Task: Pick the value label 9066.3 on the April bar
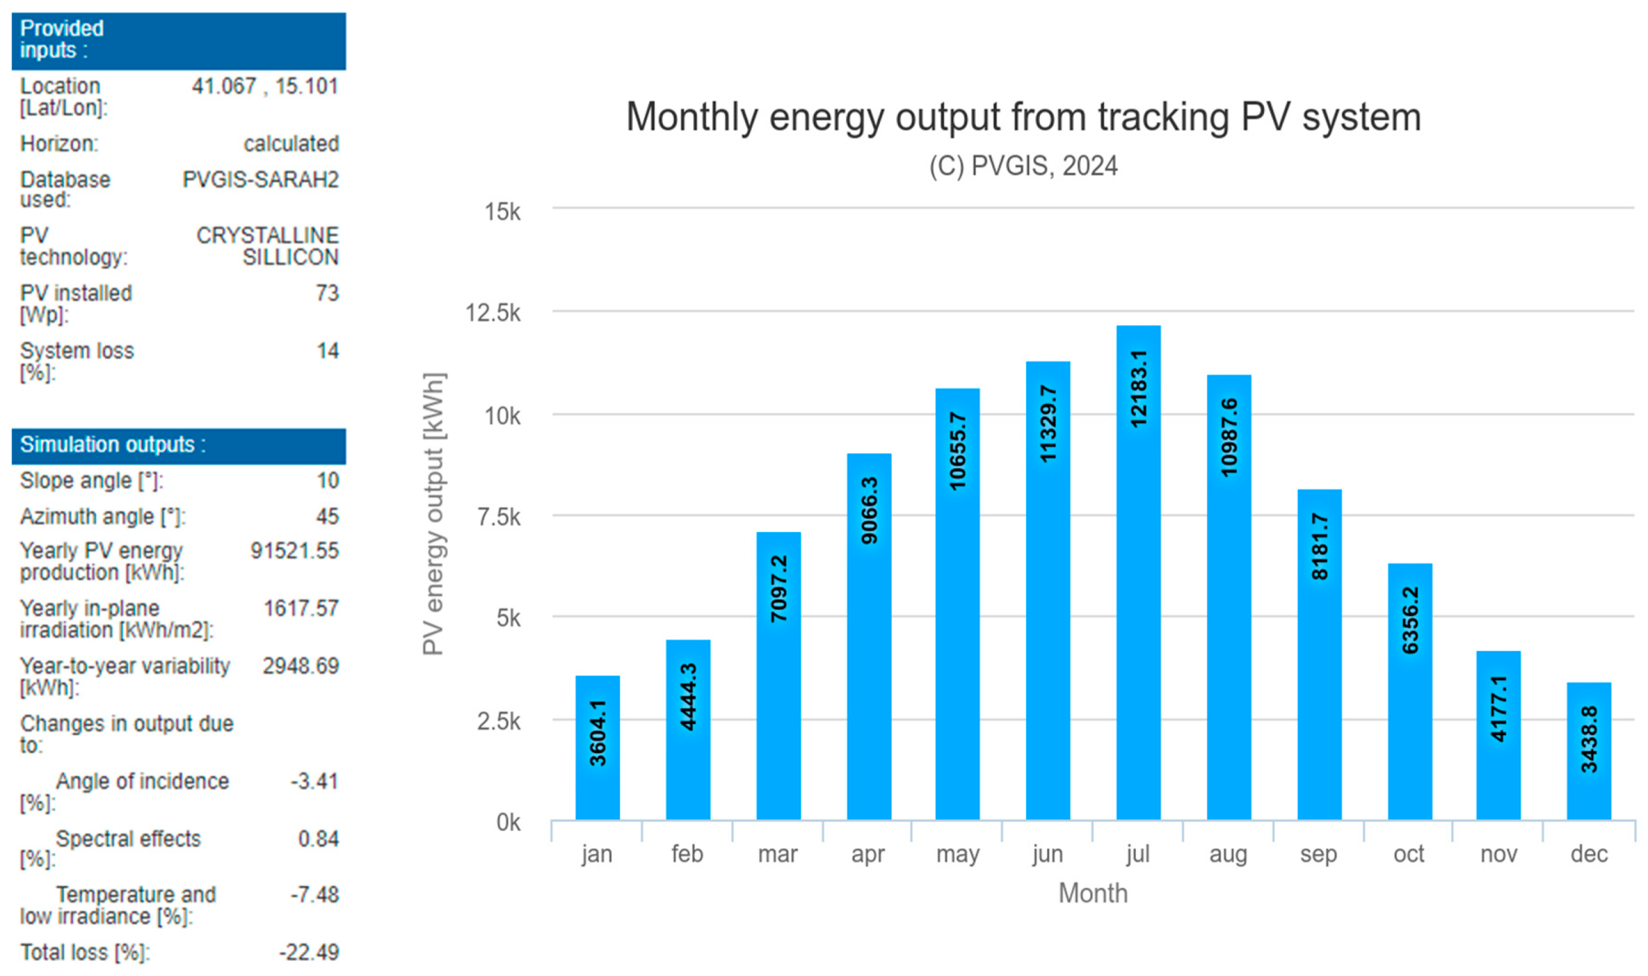pos(869,511)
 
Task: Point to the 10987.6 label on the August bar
pos(1228,437)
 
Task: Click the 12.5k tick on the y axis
pos(493,313)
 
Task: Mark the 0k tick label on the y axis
pos(508,822)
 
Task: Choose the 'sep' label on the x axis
pos(1318,854)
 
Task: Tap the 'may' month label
pos(957,854)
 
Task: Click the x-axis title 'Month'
pos(1092,893)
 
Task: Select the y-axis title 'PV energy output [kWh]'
pos(434,514)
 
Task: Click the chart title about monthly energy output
pos(1023,117)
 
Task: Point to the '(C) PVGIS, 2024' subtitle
pos(1023,166)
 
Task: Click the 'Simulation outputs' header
pos(112,445)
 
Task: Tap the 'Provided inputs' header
pos(62,39)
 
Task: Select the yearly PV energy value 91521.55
pos(294,550)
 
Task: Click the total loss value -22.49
pos(308,952)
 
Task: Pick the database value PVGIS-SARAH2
pos(261,179)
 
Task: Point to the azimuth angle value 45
pos(327,516)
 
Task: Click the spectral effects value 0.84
pos(317,838)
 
